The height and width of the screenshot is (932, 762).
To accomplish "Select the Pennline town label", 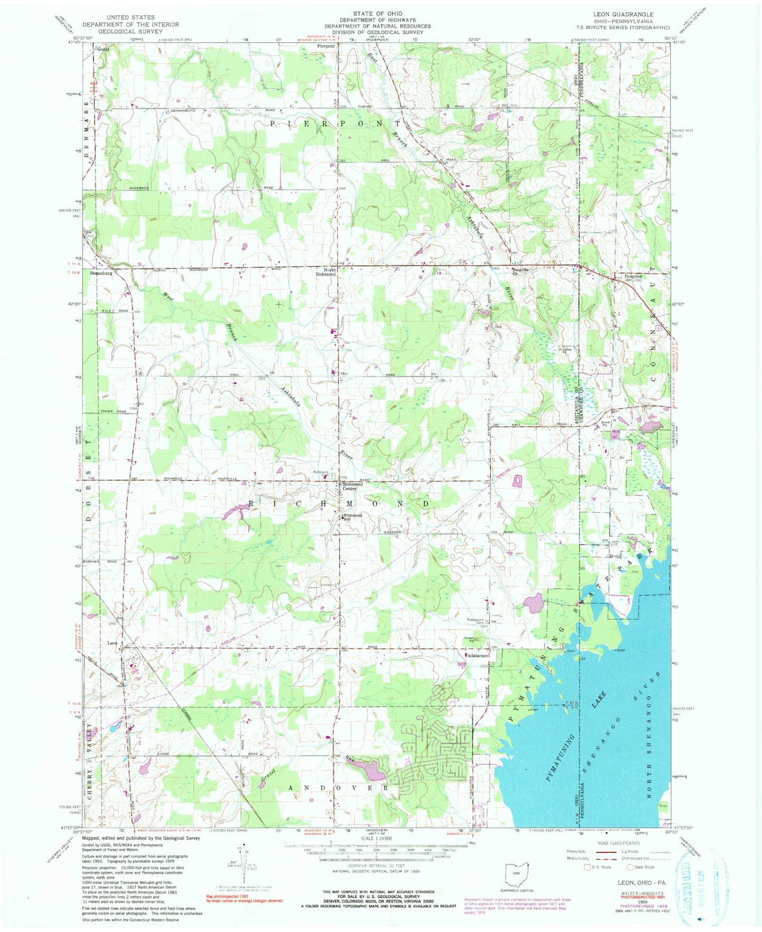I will pos(633,276).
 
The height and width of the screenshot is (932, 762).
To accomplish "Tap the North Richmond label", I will pos(326,272).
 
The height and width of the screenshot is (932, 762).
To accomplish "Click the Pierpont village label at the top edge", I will pos(325,46).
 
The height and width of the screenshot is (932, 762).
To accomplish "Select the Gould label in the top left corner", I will pos(102,49).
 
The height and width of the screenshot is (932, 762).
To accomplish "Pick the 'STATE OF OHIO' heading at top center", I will pos(378,14).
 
